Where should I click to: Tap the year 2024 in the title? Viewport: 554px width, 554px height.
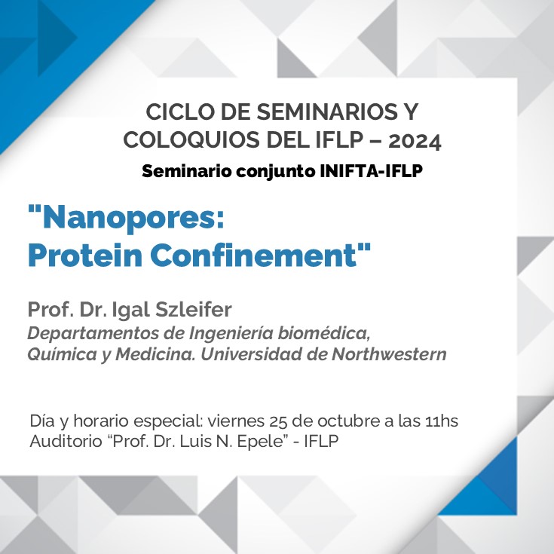(415, 142)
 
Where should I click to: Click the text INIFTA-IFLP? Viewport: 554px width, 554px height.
(371, 171)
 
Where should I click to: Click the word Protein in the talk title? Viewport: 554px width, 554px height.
(84, 255)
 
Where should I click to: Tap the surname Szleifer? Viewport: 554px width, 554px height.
(194, 310)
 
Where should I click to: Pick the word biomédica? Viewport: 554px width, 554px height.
(323, 333)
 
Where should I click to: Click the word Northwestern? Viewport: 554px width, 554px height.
(389, 354)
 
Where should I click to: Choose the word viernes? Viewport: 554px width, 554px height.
(236, 421)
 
